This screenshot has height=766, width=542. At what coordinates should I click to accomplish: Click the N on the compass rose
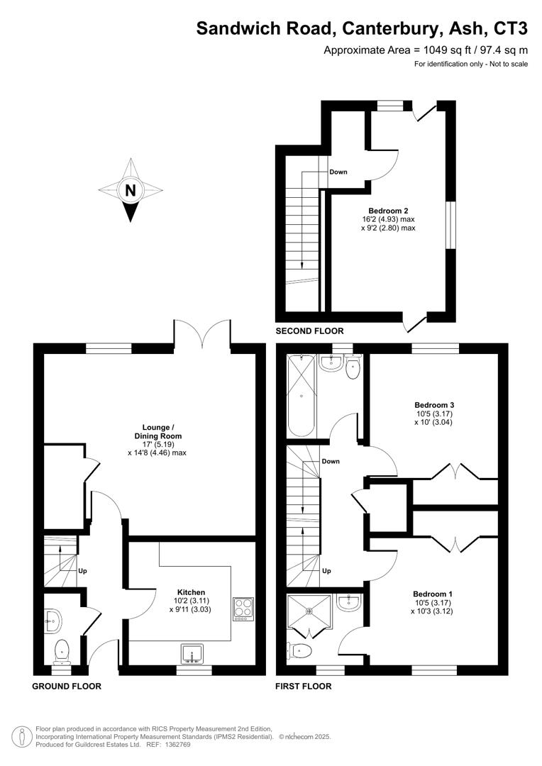click(130, 190)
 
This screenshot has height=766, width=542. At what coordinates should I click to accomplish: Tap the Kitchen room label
click(191, 592)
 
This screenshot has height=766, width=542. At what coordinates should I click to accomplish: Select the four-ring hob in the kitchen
click(243, 609)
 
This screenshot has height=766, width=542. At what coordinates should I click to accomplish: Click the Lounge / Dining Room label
click(157, 431)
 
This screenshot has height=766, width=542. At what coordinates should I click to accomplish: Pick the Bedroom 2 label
click(388, 210)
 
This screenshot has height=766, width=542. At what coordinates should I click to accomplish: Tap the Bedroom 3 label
click(433, 404)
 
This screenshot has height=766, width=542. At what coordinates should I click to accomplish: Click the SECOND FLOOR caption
click(309, 331)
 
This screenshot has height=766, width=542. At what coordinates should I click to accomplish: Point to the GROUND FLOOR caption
click(67, 687)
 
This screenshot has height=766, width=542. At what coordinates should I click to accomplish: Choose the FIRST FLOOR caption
click(303, 687)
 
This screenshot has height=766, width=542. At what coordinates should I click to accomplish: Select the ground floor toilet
click(62, 648)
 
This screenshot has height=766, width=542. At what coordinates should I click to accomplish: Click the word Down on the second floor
click(338, 172)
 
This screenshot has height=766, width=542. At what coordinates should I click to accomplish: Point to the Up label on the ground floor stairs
click(83, 570)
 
